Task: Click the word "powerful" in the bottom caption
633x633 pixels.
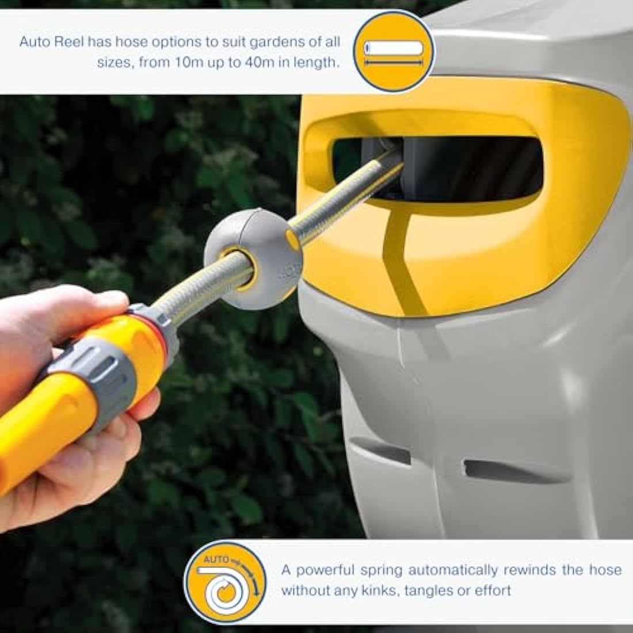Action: coord(323,570)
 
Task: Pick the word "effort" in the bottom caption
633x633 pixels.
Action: coord(493,590)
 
